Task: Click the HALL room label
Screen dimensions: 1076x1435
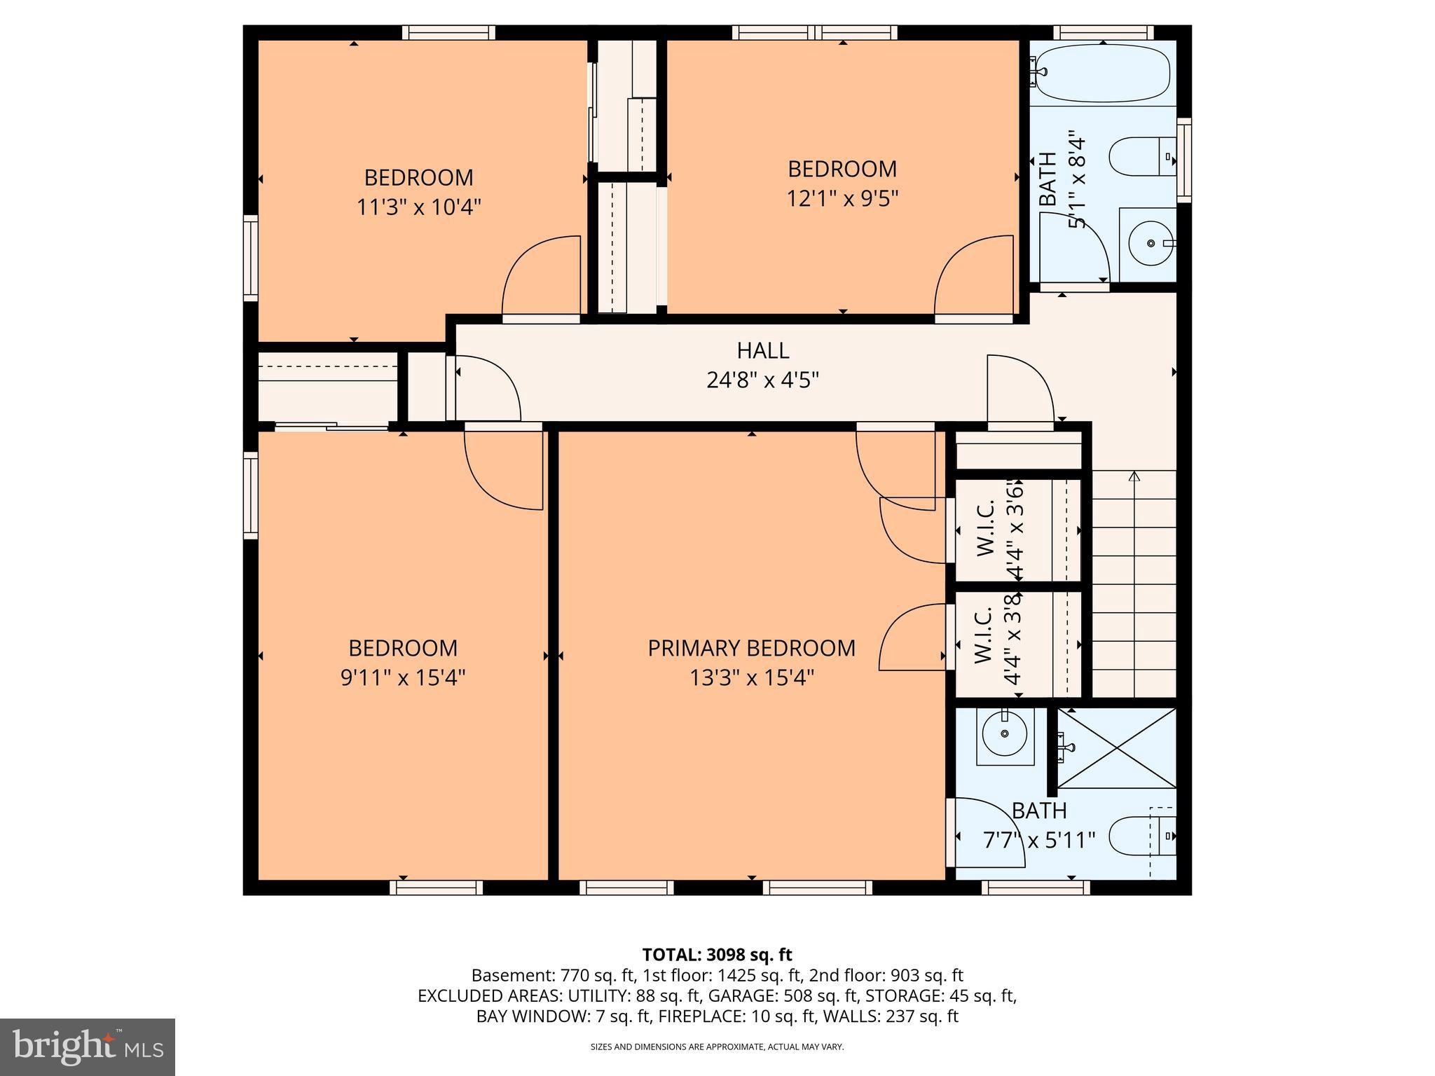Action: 762,350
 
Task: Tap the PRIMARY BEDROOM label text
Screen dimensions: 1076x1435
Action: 751,648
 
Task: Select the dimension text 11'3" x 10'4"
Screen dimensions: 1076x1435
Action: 419,207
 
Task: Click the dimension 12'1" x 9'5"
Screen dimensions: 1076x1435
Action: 842,199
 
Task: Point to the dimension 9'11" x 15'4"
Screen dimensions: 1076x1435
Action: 403,678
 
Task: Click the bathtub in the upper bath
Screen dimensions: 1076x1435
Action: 1103,72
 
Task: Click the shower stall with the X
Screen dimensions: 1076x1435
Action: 1116,748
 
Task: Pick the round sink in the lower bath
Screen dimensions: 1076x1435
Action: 1005,733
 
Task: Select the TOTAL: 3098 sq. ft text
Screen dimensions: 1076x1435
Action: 717,955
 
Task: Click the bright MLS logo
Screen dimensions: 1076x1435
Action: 88,1047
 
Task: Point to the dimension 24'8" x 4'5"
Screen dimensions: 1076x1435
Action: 762,380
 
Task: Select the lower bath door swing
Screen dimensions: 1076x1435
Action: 984,834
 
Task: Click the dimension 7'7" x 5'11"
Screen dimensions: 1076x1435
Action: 1038,840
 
